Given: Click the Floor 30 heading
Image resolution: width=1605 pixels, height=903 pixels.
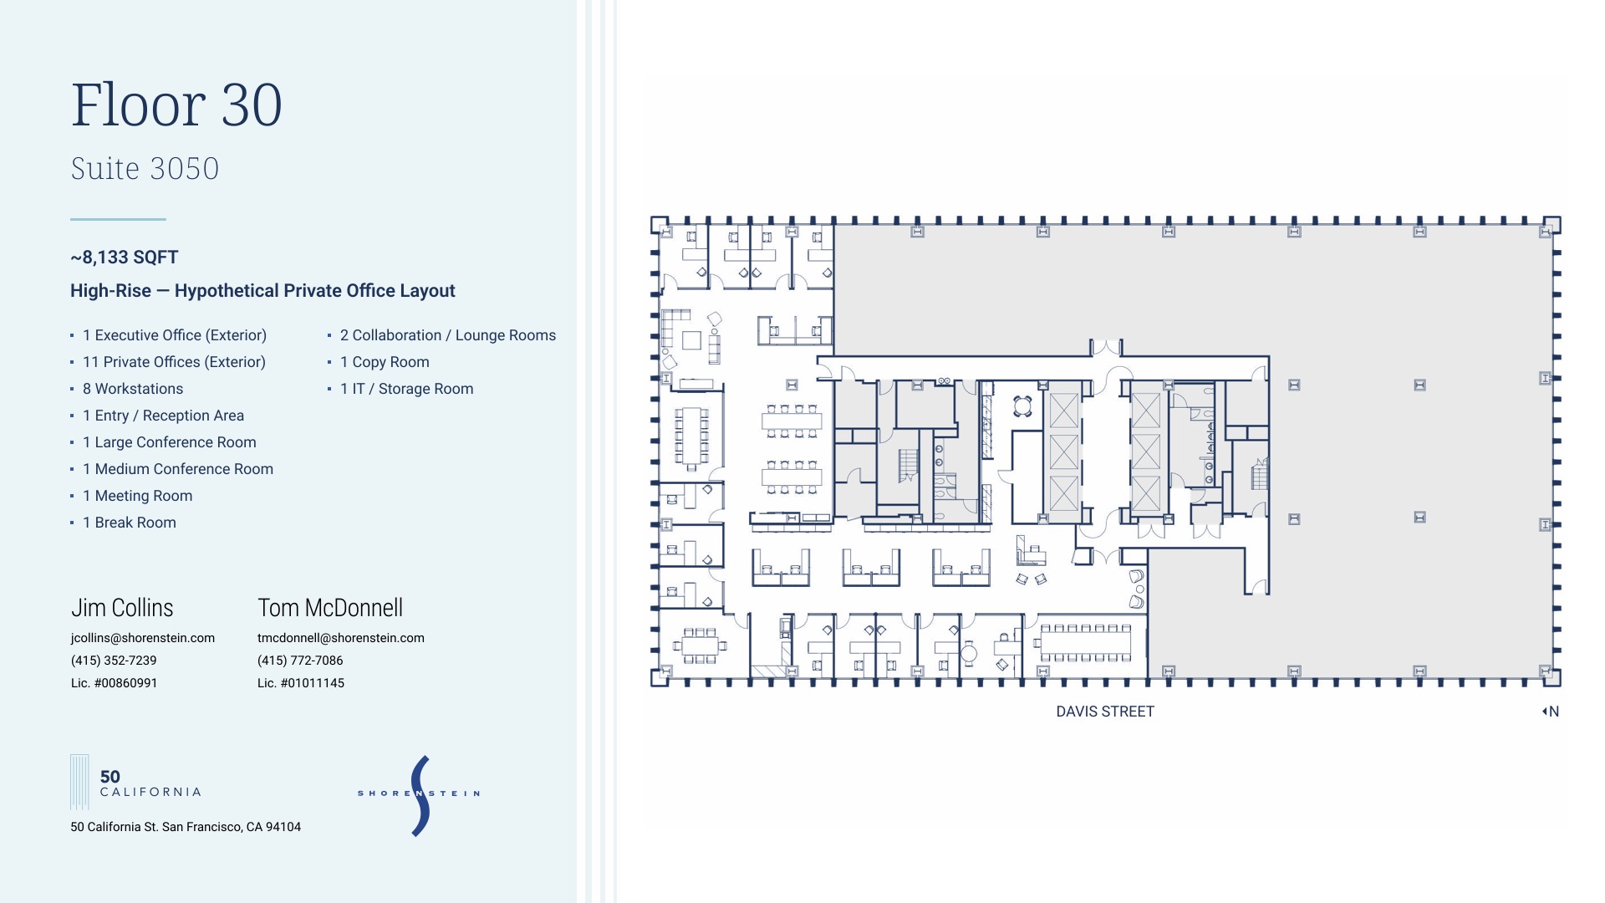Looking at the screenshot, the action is click(176, 105).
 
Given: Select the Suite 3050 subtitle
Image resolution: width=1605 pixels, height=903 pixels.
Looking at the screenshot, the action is click(145, 169).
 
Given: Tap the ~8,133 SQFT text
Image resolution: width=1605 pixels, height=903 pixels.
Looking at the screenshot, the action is click(125, 258).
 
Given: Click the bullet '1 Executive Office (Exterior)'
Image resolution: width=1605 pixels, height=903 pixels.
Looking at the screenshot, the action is click(174, 335).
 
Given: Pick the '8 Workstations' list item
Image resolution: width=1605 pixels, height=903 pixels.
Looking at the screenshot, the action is click(132, 389).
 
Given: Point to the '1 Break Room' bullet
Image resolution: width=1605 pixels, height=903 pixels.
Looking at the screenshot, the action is click(129, 523).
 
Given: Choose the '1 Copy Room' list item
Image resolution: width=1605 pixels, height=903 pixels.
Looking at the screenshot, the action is click(385, 362).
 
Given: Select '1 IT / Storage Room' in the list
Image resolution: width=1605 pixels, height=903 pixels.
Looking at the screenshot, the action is click(406, 389).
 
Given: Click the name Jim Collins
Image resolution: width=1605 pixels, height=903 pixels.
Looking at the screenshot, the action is click(122, 608).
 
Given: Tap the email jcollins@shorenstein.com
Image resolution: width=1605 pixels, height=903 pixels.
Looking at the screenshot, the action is click(143, 638).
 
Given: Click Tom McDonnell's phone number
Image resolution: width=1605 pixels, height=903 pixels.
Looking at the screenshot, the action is click(300, 661).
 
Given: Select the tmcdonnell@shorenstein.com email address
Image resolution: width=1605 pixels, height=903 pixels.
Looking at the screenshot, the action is click(341, 638).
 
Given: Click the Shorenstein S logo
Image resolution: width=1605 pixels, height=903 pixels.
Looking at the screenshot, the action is click(420, 795).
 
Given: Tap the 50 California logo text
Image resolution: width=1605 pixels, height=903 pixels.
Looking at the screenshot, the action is click(150, 783).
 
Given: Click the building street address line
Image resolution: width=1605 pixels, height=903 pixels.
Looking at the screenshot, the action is click(186, 827).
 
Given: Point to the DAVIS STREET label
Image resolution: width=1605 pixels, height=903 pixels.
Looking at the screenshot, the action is click(1105, 712).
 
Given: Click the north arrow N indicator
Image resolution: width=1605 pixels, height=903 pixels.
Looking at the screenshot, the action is click(1551, 712).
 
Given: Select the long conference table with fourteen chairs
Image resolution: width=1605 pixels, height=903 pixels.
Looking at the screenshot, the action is click(1085, 642).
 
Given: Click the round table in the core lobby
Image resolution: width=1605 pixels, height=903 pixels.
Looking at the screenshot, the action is click(1022, 406).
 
